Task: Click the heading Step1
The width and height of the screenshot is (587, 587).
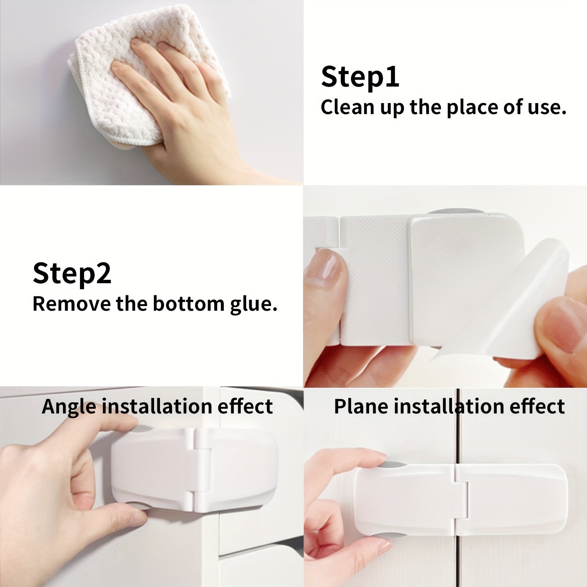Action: [x=360, y=77]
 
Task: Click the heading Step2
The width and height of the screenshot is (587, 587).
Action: [x=72, y=273]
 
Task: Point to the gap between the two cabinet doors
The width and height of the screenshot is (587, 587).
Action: [x=458, y=550]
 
